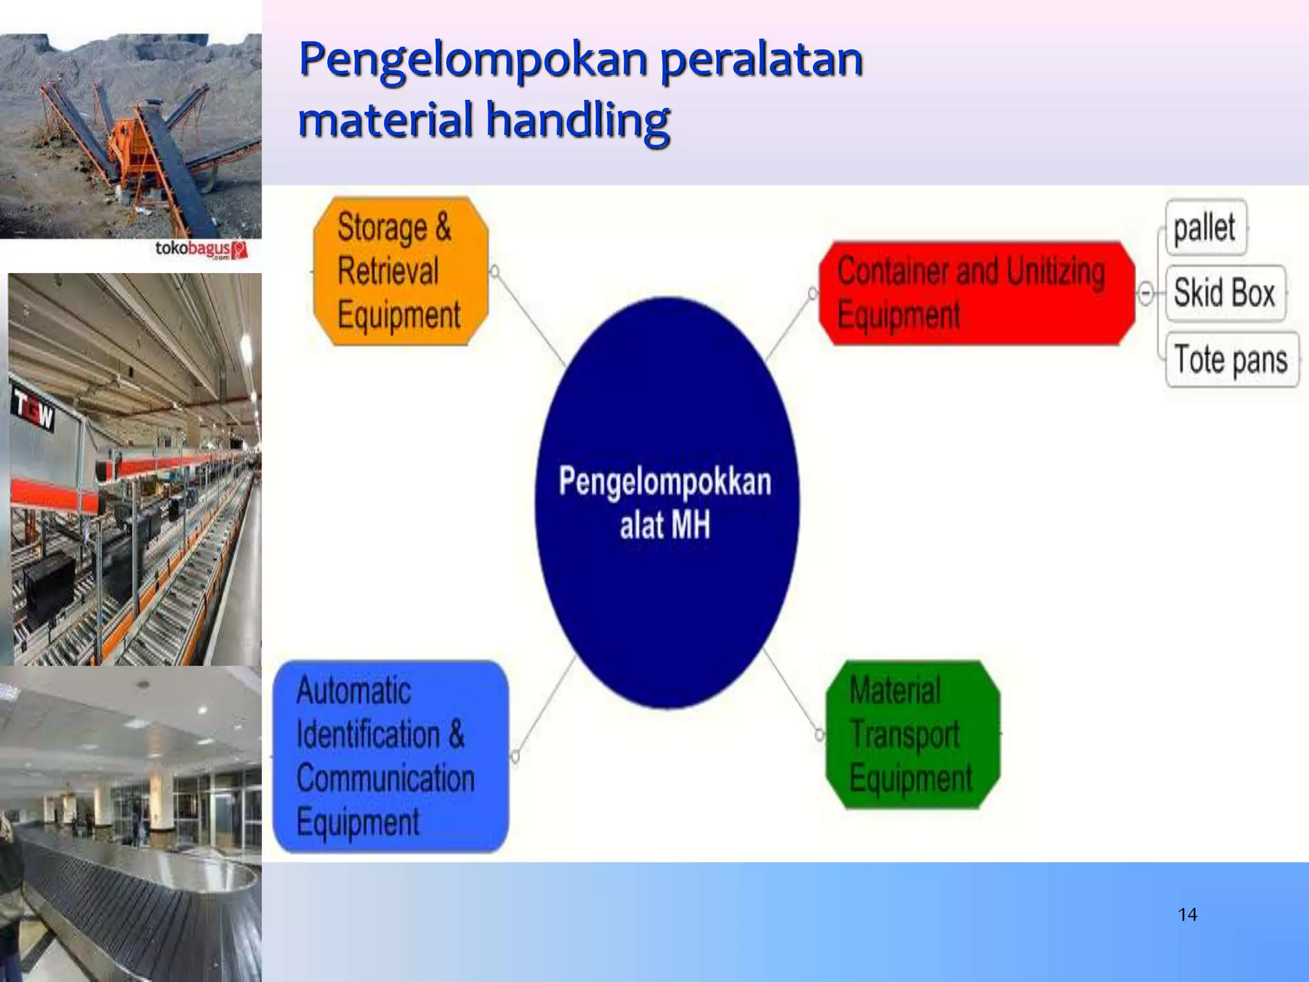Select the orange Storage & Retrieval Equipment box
401,271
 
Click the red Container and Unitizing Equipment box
976,293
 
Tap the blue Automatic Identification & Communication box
391,756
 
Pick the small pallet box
1205,227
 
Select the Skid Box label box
1225,293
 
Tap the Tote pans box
1231,359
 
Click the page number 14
1187,915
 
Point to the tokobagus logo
201,249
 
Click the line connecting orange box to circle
531,320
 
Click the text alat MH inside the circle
665,526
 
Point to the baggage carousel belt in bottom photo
128,895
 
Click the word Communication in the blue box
385,779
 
